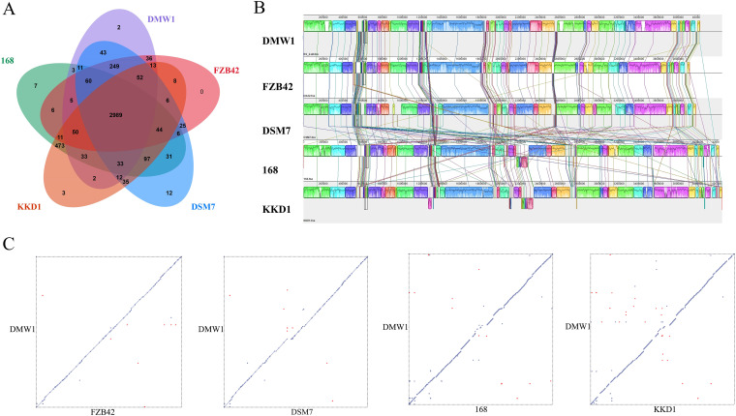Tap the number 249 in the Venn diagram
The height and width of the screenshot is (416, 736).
(x=114, y=66)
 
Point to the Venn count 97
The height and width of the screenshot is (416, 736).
(x=146, y=157)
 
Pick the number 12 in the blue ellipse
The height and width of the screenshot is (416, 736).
(x=169, y=193)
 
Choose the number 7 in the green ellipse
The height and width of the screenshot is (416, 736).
(x=35, y=87)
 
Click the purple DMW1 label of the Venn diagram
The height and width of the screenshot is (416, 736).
(x=163, y=18)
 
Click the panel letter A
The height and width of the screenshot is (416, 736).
(x=9, y=9)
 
